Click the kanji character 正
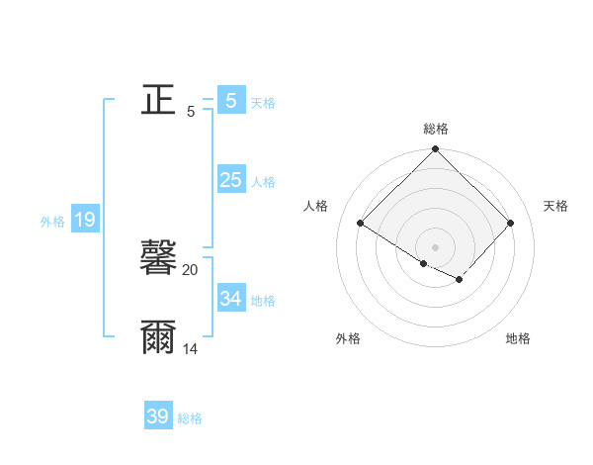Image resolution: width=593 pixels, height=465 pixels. tap(158, 99)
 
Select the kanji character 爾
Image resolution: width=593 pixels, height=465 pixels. tap(158, 337)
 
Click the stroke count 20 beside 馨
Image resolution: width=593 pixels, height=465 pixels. tap(191, 270)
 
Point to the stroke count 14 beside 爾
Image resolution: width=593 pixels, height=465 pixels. tap(191, 349)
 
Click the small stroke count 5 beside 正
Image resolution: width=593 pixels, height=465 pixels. tap(191, 112)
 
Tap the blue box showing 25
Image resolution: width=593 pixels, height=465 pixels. tap(230, 180)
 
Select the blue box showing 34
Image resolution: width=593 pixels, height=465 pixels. tap(230, 299)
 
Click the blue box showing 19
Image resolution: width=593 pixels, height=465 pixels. tap(85, 220)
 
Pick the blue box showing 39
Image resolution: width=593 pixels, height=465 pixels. tap(158, 417)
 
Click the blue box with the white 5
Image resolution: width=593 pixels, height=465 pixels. tap(230, 101)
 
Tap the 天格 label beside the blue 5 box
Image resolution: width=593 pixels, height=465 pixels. tap(263, 103)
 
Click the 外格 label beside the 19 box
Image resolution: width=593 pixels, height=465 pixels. tap(52, 222)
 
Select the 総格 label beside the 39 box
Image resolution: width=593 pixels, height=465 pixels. tap(190, 418)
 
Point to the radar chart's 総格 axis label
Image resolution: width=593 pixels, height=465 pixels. tap(435, 129)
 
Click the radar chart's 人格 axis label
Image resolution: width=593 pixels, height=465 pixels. tap(316, 206)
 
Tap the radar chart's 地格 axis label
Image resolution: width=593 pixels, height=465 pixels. tap(518, 338)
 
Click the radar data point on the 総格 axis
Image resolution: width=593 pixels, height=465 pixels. tap(435, 149)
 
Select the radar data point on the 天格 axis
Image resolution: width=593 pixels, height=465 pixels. tap(510, 223)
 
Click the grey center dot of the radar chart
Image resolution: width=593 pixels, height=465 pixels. tap(435, 246)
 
